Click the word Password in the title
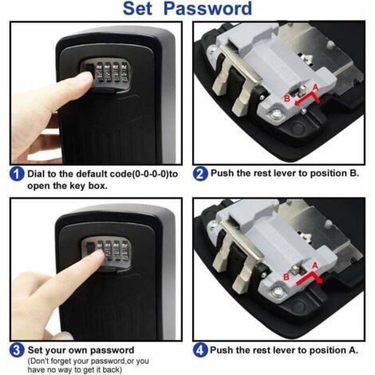[211, 10]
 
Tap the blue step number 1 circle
[15, 173]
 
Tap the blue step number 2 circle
[200, 173]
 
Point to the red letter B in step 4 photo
[287, 275]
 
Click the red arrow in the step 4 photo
[307, 279]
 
